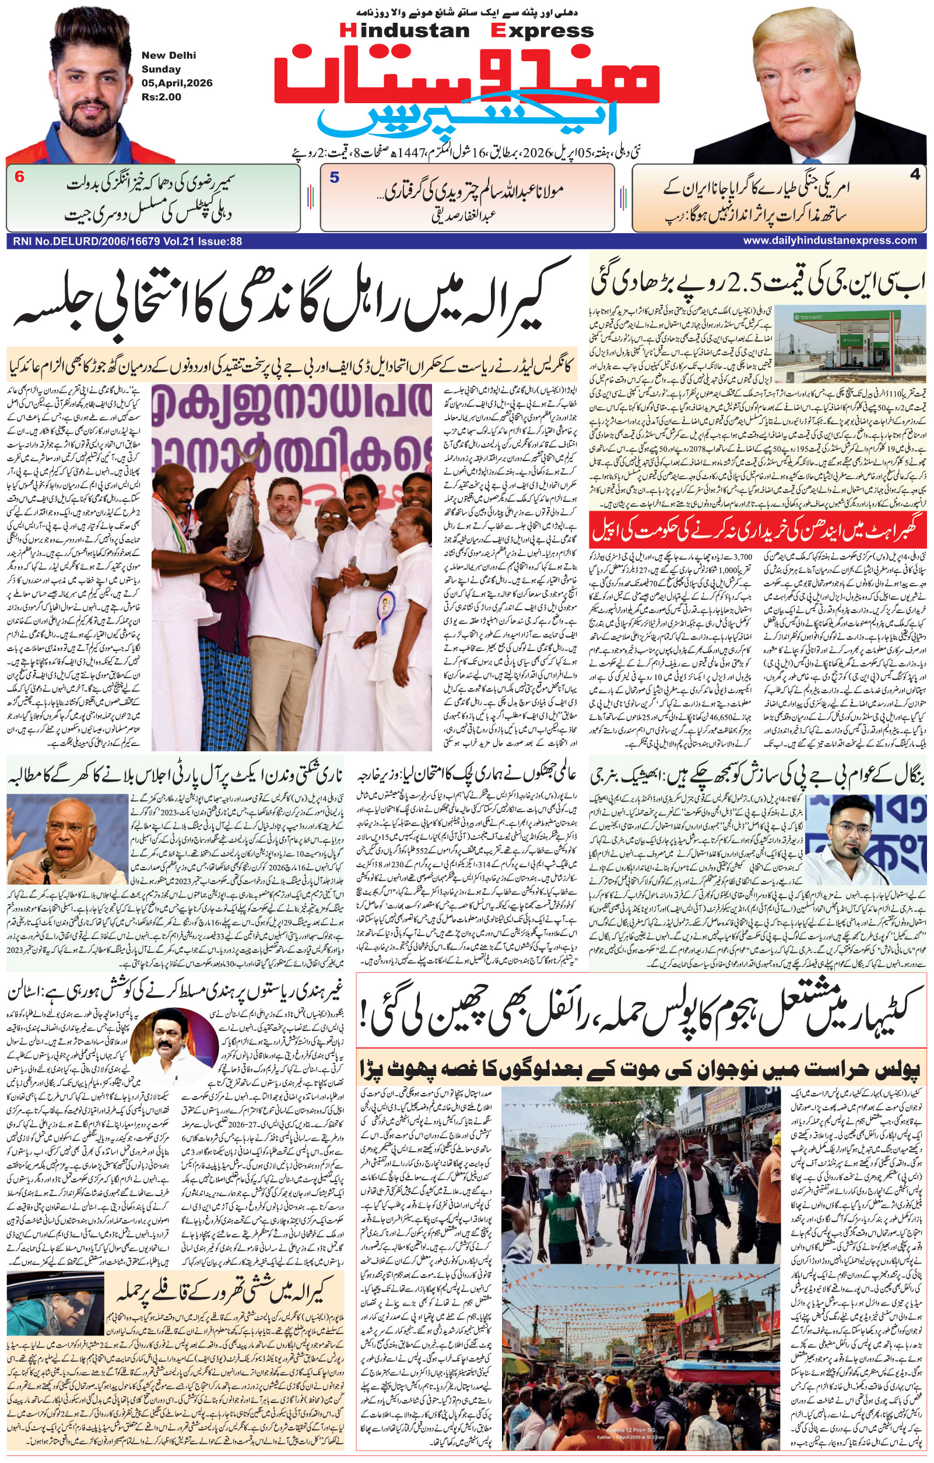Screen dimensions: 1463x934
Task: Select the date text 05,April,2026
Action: click(177, 83)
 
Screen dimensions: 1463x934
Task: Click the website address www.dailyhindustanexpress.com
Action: click(830, 241)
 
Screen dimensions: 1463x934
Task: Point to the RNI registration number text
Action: click(125, 241)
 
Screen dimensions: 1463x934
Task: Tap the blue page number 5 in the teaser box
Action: click(334, 177)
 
